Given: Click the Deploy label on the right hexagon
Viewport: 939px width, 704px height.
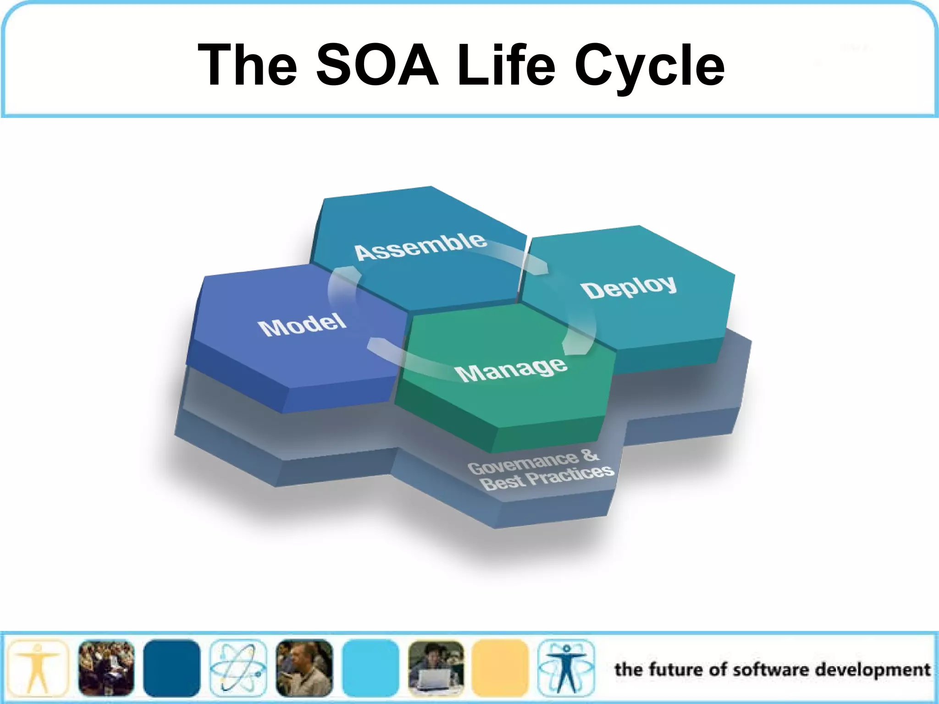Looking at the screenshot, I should [x=629, y=287].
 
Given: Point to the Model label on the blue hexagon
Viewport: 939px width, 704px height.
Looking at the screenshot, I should [x=302, y=324].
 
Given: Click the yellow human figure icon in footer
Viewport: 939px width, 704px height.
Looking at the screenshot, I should [x=38, y=668].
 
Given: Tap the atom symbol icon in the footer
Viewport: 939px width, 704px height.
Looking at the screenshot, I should [x=238, y=668].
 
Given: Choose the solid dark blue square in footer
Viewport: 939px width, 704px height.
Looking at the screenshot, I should [x=171, y=668].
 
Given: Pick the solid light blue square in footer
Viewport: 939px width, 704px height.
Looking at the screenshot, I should [x=370, y=668].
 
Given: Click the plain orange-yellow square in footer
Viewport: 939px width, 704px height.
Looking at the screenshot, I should [x=500, y=668].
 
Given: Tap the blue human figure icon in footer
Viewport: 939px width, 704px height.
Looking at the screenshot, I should [x=566, y=668].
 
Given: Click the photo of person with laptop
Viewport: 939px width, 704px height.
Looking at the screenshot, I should [x=436, y=668].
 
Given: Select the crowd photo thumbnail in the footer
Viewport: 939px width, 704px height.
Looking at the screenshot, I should [x=106, y=668].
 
